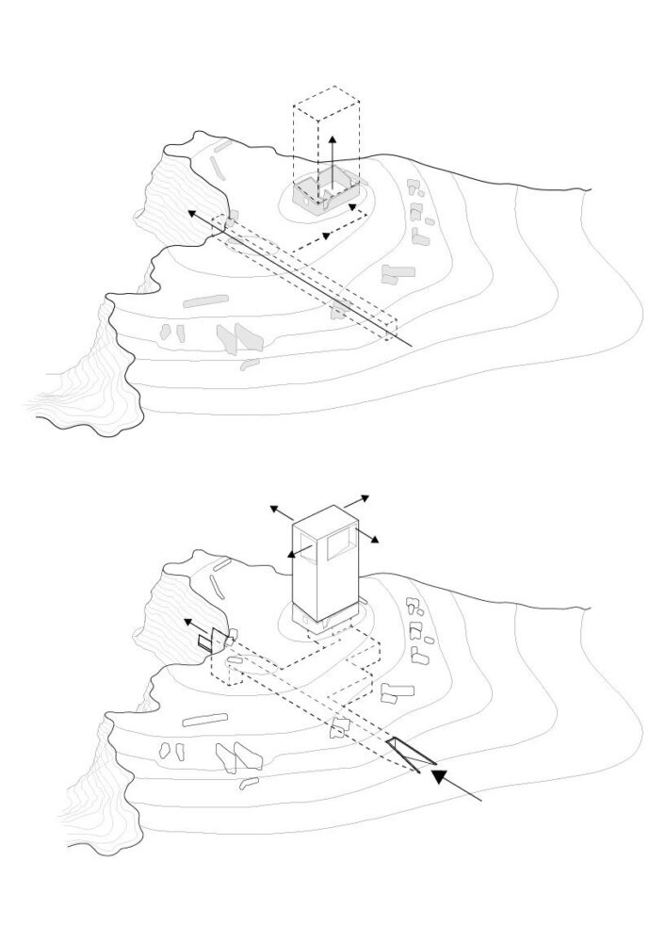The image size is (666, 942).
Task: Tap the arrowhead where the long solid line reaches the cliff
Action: pyautogui.click(x=191, y=214)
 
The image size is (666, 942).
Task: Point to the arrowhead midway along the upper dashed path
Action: pyautogui.click(x=325, y=234)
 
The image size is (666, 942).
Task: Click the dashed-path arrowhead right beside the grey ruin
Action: pyautogui.click(x=353, y=205)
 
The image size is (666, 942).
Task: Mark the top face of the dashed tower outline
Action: pyautogui.click(x=326, y=98)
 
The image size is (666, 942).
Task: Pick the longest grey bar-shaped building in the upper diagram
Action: pyautogui.click(x=206, y=302)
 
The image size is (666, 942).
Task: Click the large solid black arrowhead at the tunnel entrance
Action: pyautogui.click(x=439, y=777)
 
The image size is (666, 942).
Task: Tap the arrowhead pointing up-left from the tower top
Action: pyautogui.click(x=273, y=509)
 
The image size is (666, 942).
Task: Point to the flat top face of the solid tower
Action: pyautogui.click(x=325, y=517)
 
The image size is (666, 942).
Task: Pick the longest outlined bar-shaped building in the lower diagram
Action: pyautogui.click(x=204, y=721)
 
